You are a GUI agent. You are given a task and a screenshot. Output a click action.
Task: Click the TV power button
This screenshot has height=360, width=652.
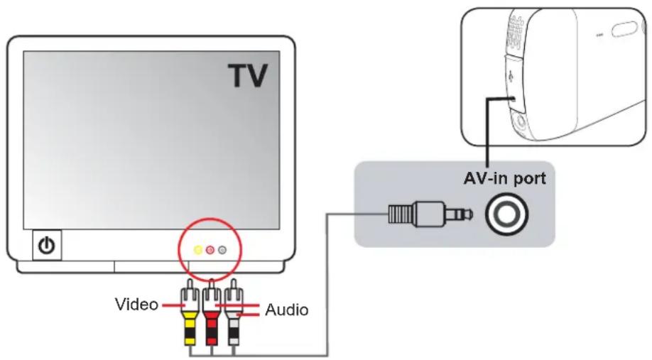tap(47, 245)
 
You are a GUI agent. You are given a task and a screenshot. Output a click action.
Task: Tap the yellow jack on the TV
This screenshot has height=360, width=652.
tap(198, 250)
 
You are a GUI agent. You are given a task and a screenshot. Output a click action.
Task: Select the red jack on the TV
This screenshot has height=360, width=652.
tap(210, 250)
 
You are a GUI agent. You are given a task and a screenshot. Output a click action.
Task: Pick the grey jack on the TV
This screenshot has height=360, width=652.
tap(222, 250)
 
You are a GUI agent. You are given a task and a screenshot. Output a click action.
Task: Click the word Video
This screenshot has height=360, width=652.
tap(136, 305)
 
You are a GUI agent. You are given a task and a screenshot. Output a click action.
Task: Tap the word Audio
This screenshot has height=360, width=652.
tap(287, 310)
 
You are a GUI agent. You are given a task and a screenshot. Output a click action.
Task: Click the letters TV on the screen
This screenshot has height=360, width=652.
tap(249, 75)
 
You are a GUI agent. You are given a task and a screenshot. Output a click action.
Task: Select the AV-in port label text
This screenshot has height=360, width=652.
tap(504, 179)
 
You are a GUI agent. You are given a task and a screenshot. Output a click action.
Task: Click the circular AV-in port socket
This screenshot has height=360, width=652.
tap(507, 214)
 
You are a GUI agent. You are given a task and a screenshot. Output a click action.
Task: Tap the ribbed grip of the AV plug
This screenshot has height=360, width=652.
tap(400, 214)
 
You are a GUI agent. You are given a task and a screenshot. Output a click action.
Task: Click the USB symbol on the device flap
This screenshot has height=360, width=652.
tap(511, 76)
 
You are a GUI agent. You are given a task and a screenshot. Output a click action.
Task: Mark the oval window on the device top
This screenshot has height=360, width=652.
tap(624, 29)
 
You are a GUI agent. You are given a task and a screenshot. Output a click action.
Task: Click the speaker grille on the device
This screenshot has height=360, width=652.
tap(515, 33)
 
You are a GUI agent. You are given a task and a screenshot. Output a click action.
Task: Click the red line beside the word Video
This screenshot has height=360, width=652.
tap(173, 305)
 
